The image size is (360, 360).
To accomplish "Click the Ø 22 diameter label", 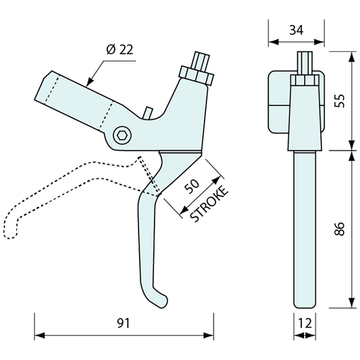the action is coord(120,49).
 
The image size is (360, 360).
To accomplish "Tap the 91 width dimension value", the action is coord(124,323).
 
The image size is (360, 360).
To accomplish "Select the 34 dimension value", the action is coord(297,30).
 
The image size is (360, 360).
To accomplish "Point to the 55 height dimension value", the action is coord(340,101).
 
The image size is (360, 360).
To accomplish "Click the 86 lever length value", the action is coord(340,229).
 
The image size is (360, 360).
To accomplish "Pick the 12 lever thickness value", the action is coord(305,323).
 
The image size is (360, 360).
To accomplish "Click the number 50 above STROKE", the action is coord(192,186).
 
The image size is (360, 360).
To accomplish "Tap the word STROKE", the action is coord(209,204).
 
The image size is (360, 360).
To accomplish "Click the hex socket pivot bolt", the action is coord(122,136).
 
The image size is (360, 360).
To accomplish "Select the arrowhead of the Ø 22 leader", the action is coord(91,82).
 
